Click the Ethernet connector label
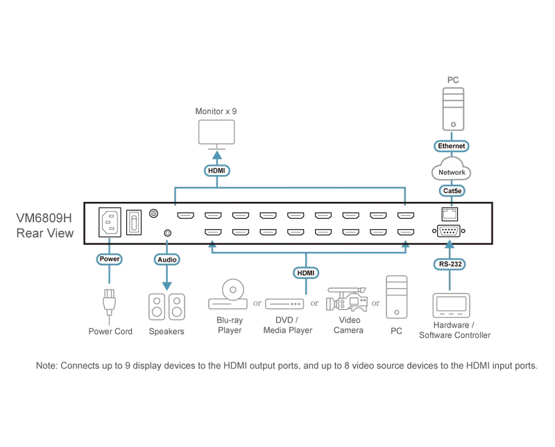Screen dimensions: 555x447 coord(452,146)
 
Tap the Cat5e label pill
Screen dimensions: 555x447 coord(452,191)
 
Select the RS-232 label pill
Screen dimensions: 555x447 coord(450,264)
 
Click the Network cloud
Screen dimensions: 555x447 coord(452,169)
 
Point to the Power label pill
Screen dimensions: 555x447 coord(110,259)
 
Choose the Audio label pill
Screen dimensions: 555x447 coord(166,260)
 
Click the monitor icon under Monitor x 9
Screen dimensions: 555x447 coord(216,133)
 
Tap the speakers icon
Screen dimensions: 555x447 coord(166,307)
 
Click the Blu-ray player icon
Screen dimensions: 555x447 coord(228,294)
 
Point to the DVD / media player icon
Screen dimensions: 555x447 coord(284,304)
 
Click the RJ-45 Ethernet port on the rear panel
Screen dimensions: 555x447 coord(450,214)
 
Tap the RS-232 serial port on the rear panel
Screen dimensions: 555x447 coord(449,231)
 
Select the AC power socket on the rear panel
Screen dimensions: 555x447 coord(110,222)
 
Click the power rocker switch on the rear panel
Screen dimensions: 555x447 coord(134,222)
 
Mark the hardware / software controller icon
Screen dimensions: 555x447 coord(452,305)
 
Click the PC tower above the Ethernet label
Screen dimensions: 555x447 coord(453,109)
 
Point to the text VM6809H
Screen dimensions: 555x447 coord(44,218)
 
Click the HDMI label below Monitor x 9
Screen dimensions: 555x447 coord(216,171)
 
